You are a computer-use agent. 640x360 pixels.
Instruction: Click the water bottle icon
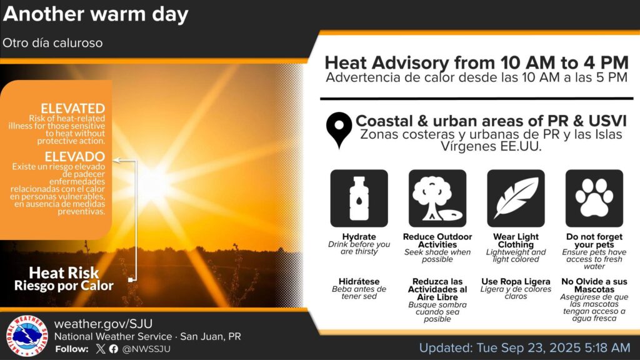pyautogui.click(x=359, y=198)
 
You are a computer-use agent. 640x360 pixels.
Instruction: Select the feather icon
pyautogui.click(x=516, y=198)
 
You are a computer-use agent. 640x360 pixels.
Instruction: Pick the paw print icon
pyautogui.click(x=594, y=198)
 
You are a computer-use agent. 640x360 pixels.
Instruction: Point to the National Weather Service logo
pyautogui.click(x=27, y=336)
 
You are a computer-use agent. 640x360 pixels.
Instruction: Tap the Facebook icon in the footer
pyautogui.click(x=114, y=349)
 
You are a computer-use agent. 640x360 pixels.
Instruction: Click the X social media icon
pyautogui.click(x=101, y=349)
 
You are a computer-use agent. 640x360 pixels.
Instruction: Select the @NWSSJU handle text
pyautogui.click(x=146, y=349)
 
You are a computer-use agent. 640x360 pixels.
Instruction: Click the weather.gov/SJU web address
pyautogui.click(x=103, y=324)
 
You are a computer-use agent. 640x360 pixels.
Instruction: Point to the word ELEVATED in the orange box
pyautogui.click(x=72, y=109)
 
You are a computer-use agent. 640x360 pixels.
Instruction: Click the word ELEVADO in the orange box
pyautogui.click(x=75, y=156)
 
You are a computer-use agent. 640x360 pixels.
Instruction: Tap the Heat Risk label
pyautogui.click(x=64, y=272)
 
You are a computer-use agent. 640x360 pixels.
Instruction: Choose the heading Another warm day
pyautogui.click(x=96, y=15)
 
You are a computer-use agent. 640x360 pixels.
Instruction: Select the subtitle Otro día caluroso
pyautogui.click(x=52, y=43)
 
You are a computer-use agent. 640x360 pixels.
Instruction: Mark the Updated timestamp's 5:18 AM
pyautogui.click(x=607, y=347)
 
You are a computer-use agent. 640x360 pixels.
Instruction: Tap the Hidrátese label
pyautogui.click(x=359, y=282)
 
